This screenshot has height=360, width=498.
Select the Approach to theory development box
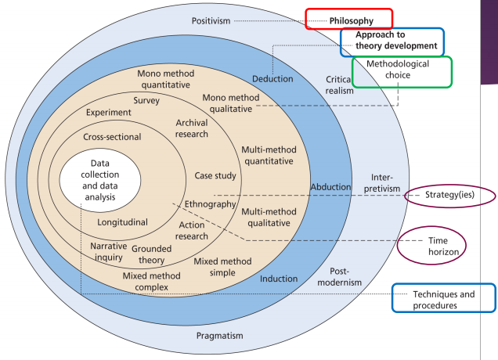(x=392, y=41)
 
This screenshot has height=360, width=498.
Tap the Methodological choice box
(x=402, y=71)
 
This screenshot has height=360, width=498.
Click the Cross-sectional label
(x=112, y=137)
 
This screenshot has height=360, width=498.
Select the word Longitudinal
(x=122, y=221)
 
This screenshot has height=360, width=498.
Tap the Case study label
(x=215, y=175)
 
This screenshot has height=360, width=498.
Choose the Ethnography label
(x=211, y=204)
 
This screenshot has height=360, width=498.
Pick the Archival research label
(x=192, y=128)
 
